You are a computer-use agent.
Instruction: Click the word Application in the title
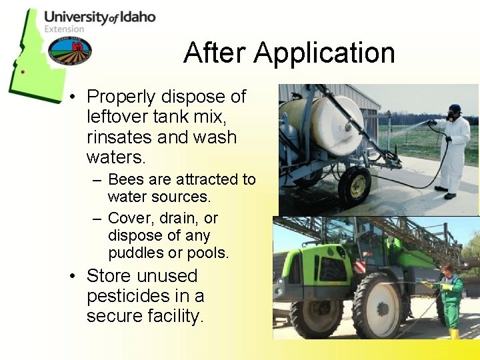click(x=325, y=53)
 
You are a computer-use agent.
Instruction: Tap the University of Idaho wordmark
click(x=99, y=17)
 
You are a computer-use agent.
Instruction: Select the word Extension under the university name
click(x=64, y=29)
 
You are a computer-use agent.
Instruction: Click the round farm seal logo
click(x=71, y=50)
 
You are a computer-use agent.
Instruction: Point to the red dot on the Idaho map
click(x=23, y=71)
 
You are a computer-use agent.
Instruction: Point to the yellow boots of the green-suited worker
click(x=454, y=333)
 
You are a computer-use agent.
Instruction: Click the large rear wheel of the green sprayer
click(x=377, y=306)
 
